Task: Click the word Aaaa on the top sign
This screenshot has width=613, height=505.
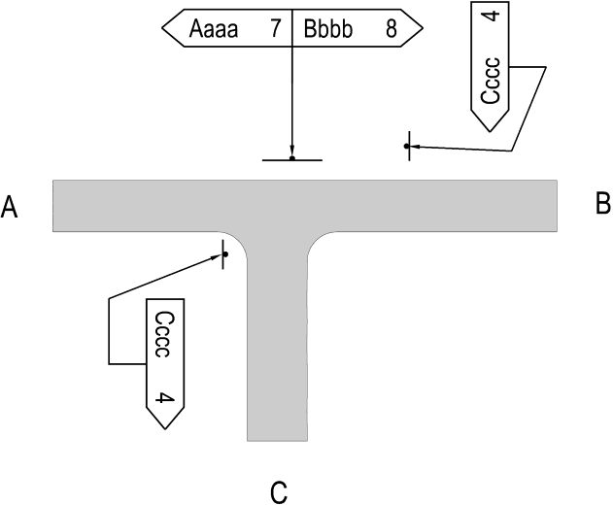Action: click(214, 28)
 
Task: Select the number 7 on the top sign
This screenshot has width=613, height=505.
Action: click(276, 28)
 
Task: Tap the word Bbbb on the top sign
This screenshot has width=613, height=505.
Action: click(327, 28)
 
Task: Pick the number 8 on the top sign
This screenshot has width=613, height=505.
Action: click(392, 28)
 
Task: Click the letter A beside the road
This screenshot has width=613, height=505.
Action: click(10, 207)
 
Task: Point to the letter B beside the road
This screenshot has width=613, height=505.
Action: click(603, 203)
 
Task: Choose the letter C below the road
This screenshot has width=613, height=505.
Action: click(279, 492)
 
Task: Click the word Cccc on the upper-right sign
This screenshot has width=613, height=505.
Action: click(491, 81)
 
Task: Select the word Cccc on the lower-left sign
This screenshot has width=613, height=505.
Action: click(162, 334)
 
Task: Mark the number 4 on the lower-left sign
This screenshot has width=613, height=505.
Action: click(164, 398)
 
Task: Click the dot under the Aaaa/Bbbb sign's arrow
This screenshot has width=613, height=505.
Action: click(292, 158)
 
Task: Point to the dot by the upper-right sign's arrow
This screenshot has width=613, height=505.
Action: click(407, 147)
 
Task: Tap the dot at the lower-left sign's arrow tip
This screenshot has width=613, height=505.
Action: click(225, 254)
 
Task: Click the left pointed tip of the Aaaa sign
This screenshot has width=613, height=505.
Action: click(162, 28)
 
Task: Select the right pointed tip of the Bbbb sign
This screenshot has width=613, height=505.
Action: click(423, 28)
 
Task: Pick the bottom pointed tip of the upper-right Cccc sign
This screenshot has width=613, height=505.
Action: click(490, 132)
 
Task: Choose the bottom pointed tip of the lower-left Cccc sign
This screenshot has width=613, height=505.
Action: click(165, 429)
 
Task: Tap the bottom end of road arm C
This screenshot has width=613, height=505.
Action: click(277, 441)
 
